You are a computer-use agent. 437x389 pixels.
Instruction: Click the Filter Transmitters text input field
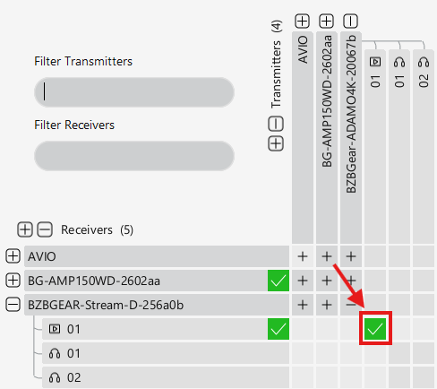coord(134,92)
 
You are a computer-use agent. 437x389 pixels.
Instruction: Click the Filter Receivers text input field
coord(134,156)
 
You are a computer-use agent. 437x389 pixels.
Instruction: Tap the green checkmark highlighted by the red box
coord(375,329)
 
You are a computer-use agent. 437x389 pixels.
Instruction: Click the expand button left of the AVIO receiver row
coord(13,256)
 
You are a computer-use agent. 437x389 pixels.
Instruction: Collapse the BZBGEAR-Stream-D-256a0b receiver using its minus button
coord(13,305)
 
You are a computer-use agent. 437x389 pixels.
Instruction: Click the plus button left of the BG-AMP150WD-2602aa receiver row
coord(13,281)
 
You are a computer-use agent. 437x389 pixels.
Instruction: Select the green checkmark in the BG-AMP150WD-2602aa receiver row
coord(278,281)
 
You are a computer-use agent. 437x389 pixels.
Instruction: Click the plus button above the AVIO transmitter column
coord(302,22)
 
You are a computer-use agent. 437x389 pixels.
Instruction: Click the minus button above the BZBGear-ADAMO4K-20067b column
coord(351,22)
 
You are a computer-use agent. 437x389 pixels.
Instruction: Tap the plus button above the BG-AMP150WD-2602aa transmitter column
coord(327,22)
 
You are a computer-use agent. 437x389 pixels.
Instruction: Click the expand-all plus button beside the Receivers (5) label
coord(25,229)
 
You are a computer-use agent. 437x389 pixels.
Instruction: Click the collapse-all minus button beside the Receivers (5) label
coord(45,229)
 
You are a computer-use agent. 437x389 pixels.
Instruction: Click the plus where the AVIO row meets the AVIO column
coord(303,256)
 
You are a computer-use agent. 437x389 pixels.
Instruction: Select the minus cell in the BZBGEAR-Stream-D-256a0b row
coord(351,305)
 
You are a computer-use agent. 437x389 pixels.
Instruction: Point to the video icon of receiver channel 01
coord(55,329)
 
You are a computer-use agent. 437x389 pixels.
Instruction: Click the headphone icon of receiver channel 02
coord(55,377)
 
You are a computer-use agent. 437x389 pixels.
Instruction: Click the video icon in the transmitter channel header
coord(375,62)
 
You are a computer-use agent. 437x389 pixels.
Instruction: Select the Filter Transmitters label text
coord(83,61)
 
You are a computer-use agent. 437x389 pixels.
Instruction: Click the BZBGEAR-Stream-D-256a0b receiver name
coord(106,305)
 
